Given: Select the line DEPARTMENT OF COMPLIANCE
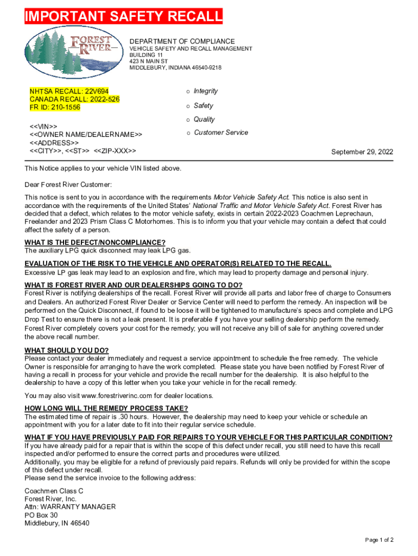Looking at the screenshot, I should coord(182,41).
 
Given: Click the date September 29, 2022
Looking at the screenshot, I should coord(362,152).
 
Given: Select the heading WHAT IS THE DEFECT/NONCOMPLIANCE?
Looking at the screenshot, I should coord(95,242).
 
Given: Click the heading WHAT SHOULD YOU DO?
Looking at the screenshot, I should coord(66,350).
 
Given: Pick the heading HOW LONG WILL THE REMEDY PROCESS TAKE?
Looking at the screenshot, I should coord(106,408).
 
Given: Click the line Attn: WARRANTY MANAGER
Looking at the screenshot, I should coord(70,507).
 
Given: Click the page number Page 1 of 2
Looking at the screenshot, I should coord(379,540).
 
